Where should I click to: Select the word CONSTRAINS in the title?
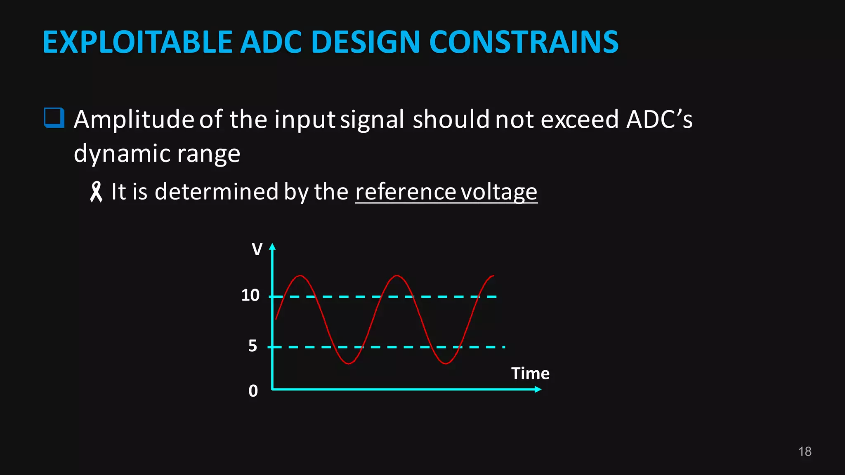point(524,42)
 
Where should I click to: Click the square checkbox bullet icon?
point(54,118)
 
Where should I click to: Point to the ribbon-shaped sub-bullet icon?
point(96,192)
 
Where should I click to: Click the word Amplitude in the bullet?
point(134,120)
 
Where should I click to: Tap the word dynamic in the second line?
point(122,154)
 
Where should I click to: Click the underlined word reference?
point(406,192)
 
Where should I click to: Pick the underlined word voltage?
point(499,192)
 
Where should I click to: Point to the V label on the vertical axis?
point(257,249)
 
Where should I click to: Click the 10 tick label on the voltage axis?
point(250,295)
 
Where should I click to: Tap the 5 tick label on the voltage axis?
point(253,346)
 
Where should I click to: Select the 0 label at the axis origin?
point(253,391)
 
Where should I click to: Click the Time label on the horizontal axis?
point(530,374)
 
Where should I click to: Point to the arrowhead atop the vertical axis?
point(272,247)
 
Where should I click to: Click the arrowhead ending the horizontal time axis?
point(538,389)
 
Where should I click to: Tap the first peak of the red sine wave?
point(300,276)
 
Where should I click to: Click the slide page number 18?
point(805,451)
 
